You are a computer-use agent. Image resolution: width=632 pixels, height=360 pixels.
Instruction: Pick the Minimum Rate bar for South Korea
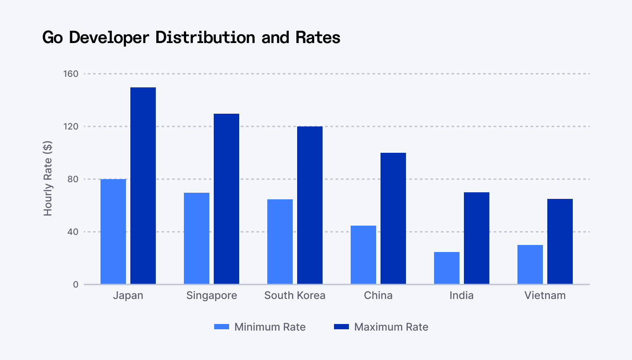point(280,241)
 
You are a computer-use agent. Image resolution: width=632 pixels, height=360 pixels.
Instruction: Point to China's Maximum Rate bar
point(393,218)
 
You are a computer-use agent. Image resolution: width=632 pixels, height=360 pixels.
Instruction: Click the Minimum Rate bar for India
point(447,268)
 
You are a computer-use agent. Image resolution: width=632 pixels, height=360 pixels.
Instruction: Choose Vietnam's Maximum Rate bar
point(560,241)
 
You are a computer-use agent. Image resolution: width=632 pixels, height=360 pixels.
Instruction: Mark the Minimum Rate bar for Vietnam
point(530,264)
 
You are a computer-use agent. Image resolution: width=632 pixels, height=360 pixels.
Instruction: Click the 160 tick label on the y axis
point(72,74)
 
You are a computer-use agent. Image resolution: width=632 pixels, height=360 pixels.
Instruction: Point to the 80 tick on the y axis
point(74,179)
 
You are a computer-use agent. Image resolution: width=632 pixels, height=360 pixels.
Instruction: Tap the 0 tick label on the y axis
point(76,284)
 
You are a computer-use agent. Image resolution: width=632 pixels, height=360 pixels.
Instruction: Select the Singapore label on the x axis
point(212,295)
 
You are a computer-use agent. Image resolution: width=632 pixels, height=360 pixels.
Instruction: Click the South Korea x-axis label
point(295,295)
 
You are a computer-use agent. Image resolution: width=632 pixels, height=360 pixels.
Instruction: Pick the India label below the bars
point(462,295)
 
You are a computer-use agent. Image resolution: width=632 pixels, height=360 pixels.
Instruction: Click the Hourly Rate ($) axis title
point(48,179)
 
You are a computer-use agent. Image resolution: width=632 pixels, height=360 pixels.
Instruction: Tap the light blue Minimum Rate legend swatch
point(222,327)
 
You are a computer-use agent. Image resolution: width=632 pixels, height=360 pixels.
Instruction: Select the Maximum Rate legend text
point(391,327)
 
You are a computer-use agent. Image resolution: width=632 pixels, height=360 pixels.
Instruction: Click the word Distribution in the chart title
point(205,38)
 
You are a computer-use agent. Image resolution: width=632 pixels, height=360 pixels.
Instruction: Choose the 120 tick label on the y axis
point(72,126)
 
